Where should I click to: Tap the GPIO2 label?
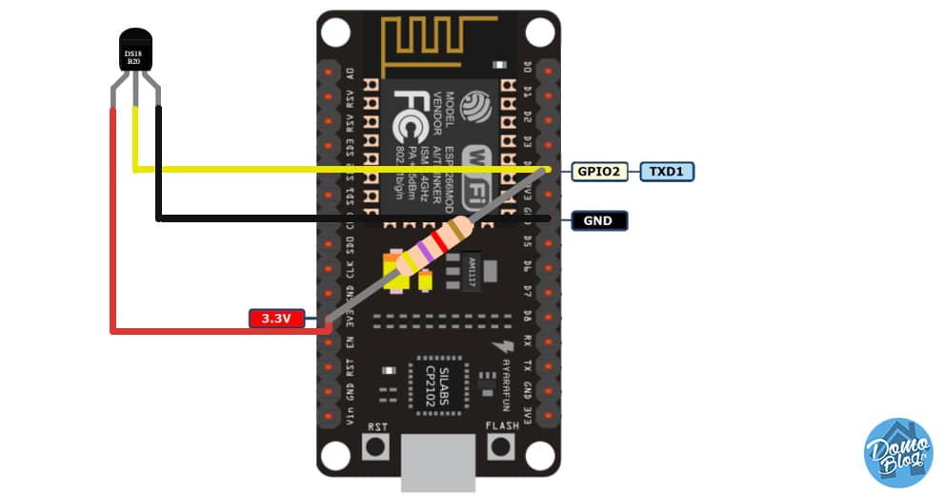click(x=598, y=172)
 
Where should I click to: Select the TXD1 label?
click(x=667, y=172)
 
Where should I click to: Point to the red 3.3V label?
click(x=276, y=318)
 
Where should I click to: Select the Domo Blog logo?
click(x=897, y=452)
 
